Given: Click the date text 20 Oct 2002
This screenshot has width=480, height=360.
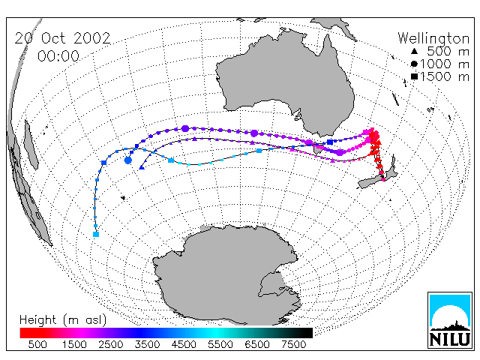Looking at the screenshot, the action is [62, 38].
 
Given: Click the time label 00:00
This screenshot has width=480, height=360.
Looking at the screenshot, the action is [58, 56].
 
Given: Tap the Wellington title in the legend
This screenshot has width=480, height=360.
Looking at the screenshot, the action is [433, 38].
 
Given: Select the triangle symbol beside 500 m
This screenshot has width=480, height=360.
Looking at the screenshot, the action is [414, 51].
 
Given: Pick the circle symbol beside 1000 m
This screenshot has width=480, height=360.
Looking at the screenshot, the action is [414, 64].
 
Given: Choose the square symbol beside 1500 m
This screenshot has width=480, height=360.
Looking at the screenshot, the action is [414, 76].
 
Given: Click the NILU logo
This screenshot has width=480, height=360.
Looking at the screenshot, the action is [450, 320].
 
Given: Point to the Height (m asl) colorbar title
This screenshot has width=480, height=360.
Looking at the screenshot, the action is [63, 320].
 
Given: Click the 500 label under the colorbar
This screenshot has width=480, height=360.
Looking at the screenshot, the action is [37, 345].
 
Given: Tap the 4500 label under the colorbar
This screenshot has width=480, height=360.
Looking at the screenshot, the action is [184, 345].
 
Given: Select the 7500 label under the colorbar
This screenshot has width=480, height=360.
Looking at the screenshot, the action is [293, 345].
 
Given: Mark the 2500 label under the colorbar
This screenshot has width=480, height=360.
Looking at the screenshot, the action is [110, 345].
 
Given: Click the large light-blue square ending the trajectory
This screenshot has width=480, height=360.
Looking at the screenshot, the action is [96, 235].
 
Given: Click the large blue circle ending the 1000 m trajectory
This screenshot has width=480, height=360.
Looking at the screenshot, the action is [128, 160].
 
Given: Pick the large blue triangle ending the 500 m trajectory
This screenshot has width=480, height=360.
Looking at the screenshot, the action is [142, 167].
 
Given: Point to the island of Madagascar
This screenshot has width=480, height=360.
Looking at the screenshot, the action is [31, 145].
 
